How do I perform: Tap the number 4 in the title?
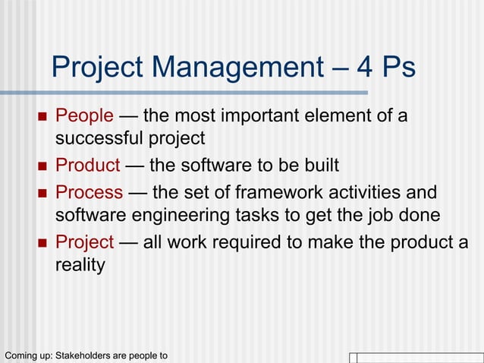click(x=366, y=68)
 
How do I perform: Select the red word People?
click(x=85, y=116)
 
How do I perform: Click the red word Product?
click(x=88, y=165)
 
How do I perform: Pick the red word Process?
click(x=90, y=191)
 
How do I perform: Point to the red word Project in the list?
click(x=85, y=241)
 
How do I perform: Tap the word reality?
click(x=80, y=264)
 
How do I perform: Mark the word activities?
click(x=363, y=191)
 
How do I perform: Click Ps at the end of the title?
click(x=399, y=68)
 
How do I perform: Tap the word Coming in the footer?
click(x=20, y=355)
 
